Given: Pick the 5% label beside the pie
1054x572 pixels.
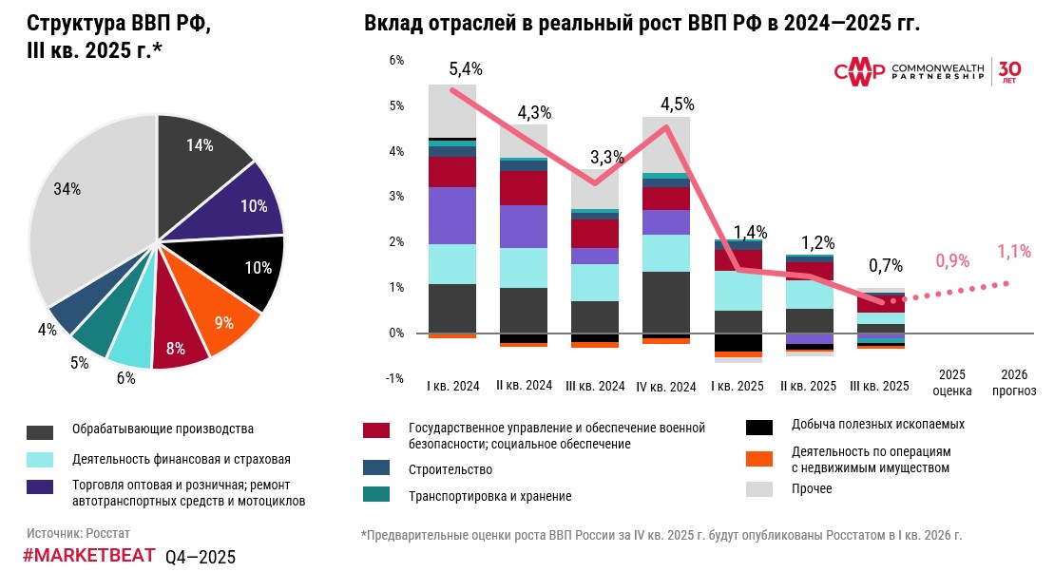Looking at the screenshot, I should (x=79, y=362).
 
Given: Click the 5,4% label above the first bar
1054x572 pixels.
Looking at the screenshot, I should (x=466, y=68).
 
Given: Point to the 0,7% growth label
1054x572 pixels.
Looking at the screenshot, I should (x=886, y=266).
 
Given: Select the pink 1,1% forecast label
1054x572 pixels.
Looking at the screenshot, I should (x=1015, y=252).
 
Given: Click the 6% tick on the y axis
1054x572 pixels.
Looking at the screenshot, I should (x=397, y=60).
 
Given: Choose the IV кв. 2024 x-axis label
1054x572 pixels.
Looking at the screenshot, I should (x=666, y=387).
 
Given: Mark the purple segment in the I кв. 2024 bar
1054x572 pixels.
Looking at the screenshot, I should (x=452, y=216).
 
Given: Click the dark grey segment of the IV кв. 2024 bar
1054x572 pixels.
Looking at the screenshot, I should (x=666, y=301).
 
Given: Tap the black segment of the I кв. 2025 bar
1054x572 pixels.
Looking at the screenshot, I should (x=738, y=343).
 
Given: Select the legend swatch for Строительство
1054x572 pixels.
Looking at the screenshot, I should (x=376, y=468).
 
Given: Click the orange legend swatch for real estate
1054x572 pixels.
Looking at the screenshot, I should (x=758, y=459).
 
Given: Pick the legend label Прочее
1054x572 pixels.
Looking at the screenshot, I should (x=812, y=489).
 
